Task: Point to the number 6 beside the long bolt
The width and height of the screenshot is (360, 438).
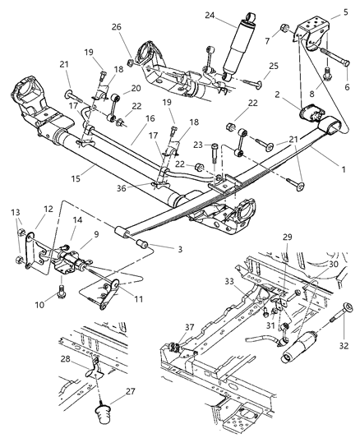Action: coord(345,87)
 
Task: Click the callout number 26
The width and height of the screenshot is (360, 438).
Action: coord(117,27)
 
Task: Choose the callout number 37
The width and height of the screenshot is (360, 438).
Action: coord(191,327)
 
